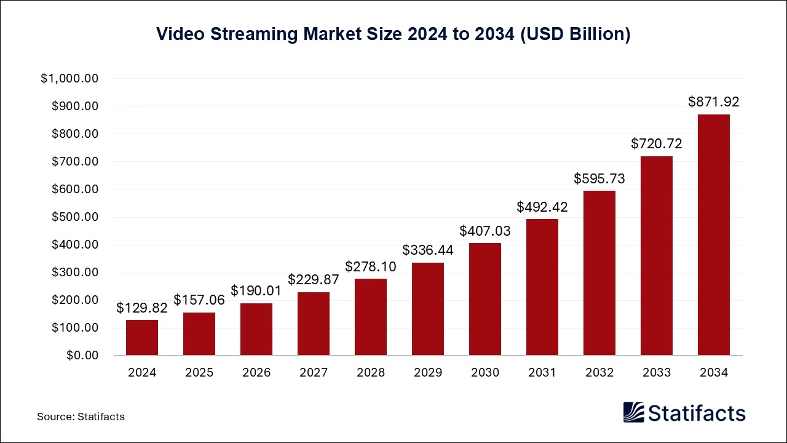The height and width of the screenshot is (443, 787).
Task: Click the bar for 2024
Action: (x=142, y=337)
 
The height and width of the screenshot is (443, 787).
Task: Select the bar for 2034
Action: (x=714, y=234)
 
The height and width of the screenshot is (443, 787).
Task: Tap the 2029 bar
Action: (x=428, y=309)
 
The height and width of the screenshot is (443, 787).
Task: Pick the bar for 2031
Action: (x=542, y=287)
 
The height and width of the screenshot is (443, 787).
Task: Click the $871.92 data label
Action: (x=714, y=102)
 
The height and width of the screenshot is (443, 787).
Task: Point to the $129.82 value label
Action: (x=142, y=308)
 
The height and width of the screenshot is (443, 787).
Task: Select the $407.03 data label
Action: (x=485, y=231)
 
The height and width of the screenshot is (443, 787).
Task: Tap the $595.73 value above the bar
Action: (x=599, y=178)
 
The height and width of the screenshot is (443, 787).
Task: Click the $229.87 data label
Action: (x=314, y=280)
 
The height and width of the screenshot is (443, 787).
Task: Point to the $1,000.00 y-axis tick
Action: (x=70, y=79)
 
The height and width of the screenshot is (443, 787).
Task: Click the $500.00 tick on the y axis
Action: (x=74, y=217)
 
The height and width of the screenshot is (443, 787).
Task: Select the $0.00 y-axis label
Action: (x=82, y=356)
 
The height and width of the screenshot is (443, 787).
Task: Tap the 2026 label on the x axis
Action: (x=256, y=373)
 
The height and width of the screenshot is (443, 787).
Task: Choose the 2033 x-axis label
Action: (x=657, y=373)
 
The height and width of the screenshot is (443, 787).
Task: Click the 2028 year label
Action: (x=371, y=373)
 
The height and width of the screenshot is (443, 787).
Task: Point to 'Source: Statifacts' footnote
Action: (x=81, y=417)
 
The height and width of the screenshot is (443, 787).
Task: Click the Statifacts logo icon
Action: (x=633, y=413)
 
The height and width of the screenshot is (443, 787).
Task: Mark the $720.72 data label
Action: (x=657, y=144)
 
